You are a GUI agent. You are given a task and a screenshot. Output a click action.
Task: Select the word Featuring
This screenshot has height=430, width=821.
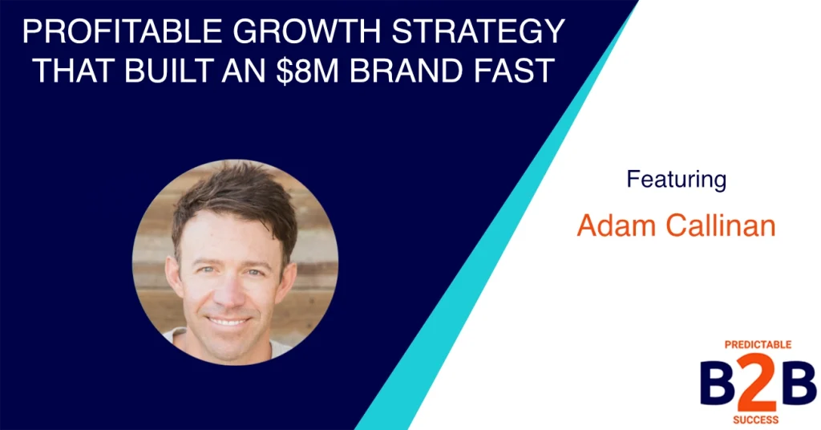point(676,179)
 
